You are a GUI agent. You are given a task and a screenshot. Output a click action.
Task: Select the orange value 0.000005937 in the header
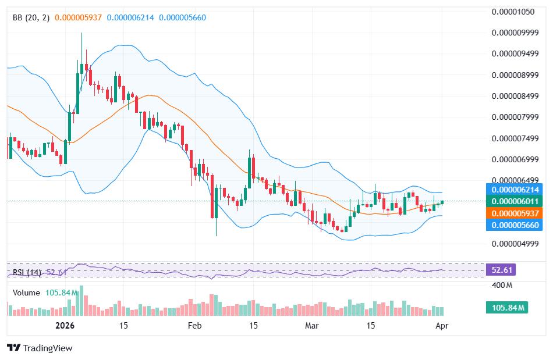click(x=78, y=17)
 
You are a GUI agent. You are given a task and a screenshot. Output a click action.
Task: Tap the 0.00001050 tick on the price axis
click(x=515, y=12)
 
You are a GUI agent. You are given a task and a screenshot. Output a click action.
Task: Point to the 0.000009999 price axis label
click(x=515, y=33)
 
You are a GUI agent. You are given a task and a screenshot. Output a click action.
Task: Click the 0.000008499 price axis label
click(x=515, y=96)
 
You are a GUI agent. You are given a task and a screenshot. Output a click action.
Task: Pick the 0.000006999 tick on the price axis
click(x=515, y=159)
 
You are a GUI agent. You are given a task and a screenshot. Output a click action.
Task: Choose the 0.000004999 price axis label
click(x=515, y=244)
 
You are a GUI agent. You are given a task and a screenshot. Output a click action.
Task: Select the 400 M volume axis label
click(x=501, y=285)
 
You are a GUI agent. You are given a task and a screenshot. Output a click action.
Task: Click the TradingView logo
click(x=40, y=348)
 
